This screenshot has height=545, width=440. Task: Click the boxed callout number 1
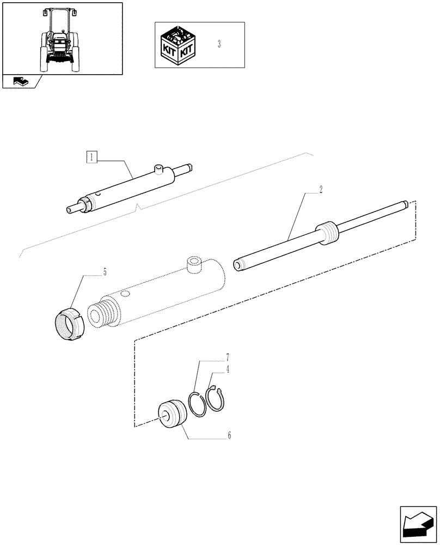click(92, 158)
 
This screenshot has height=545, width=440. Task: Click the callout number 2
click(321, 190)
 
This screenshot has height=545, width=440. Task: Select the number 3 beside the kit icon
click(219, 45)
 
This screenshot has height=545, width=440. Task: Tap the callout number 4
click(227, 369)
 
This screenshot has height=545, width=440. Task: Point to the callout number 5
click(105, 271)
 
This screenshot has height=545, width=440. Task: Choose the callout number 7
click(227, 358)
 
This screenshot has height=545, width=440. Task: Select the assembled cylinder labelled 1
click(131, 188)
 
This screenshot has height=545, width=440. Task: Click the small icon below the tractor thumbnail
click(20, 82)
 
